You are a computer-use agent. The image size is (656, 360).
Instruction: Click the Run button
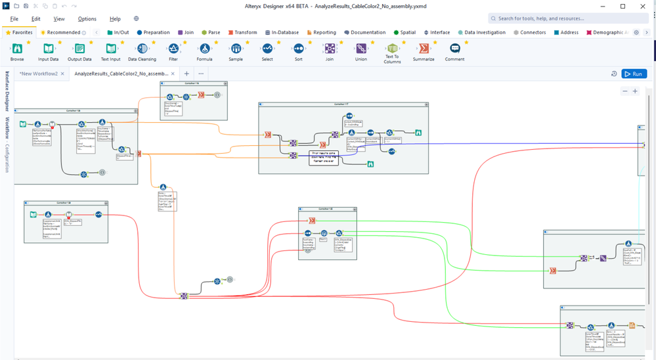tap(634, 74)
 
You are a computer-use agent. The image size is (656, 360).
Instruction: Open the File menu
tap(14, 19)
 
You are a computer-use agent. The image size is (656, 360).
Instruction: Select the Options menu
tap(87, 19)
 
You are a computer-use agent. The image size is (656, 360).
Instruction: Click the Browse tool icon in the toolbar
tap(17, 49)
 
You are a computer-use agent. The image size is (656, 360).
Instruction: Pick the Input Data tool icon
tap(48, 49)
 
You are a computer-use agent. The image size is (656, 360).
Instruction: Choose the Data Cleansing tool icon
tap(142, 49)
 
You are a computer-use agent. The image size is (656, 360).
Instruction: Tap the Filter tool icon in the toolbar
tap(173, 49)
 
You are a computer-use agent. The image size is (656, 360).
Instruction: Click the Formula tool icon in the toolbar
tap(204, 49)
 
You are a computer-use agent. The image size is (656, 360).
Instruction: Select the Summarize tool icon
tap(424, 49)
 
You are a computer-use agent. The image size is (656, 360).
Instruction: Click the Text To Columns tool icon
tap(392, 49)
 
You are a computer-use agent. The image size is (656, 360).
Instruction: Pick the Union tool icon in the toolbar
tap(361, 49)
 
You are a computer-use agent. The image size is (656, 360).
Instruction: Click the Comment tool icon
tap(455, 49)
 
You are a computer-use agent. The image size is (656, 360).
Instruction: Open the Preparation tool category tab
tap(153, 32)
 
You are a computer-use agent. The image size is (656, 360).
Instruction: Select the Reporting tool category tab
tap(321, 32)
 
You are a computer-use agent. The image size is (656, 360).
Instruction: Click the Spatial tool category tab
tap(405, 32)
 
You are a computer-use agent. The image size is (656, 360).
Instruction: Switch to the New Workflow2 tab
tap(38, 74)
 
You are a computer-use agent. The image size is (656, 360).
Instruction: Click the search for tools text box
tap(568, 18)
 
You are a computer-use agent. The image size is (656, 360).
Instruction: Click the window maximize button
tap(623, 6)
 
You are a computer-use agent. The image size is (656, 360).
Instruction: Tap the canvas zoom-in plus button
tap(635, 91)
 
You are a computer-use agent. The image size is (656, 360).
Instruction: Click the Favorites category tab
tap(19, 32)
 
